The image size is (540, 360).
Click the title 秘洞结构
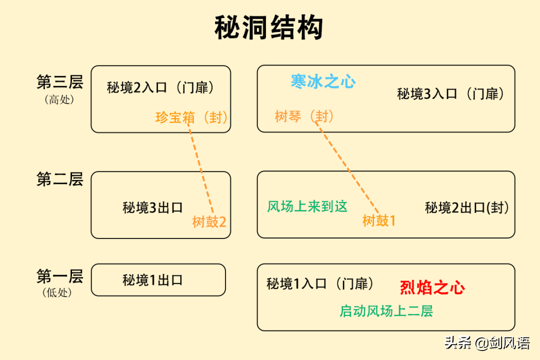point(268,27)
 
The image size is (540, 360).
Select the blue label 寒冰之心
point(323,81)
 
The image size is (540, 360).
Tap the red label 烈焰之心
point(432,287)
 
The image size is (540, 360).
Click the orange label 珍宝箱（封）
point(191,117)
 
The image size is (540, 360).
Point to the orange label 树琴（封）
point(304,116)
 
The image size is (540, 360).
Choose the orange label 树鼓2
point(209,222)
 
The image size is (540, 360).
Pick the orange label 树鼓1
point(379,221)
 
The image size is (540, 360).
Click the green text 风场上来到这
point(307,206)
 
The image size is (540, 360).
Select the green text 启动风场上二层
point(386,311)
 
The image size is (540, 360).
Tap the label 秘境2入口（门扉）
point(160,88)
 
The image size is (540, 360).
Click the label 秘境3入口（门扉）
point(451,93)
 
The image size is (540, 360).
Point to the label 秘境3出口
point(152,207)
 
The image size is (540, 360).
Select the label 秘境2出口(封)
point(466,207)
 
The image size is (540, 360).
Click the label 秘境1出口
point(152,280)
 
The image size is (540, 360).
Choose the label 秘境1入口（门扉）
point(320,284)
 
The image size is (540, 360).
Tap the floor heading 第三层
point(60,82)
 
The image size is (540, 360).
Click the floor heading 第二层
point(60,179)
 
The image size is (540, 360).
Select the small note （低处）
point(57,293)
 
